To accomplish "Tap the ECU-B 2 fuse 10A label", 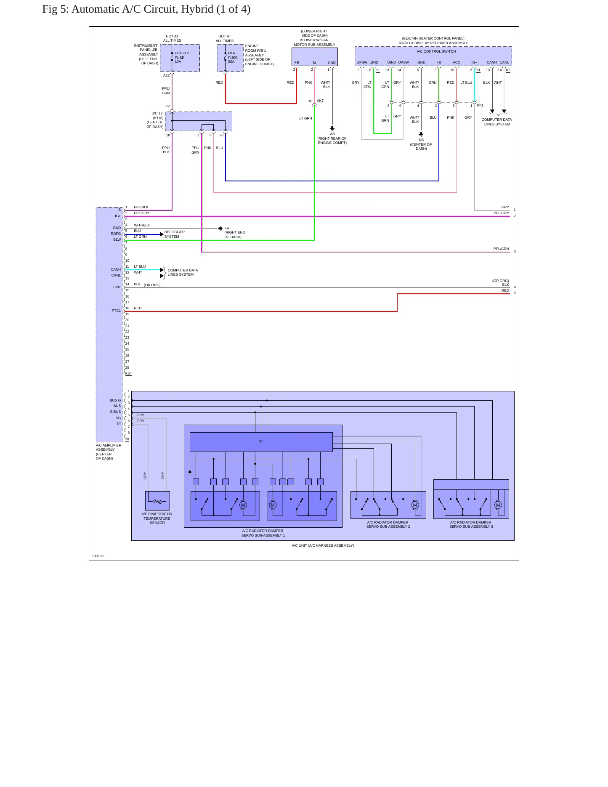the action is pyautogui.click(x=182, y=57).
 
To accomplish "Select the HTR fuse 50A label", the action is pyautogui.click(x=233, y=57).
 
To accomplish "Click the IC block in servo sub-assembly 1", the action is pyautogui.click(x=261, y=442).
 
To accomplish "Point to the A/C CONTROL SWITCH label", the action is pyautogui.click(x=436, y=51).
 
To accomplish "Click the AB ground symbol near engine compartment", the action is pyautogui.click(x=332, y=128).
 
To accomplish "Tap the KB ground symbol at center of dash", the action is pyautogui.click(x=421, y=134).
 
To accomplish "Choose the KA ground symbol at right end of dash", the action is pyautogui.click(x=220, y=229).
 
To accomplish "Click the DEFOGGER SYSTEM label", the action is pyautogui.click(x=175, y=234).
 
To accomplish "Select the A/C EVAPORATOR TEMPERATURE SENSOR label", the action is pyautogui.click(x=157, y=518).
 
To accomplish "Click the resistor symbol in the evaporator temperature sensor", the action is pyautogui.click(x=158, y=502).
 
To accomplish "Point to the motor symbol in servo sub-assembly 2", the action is pyautogui.click(x=415, y=505).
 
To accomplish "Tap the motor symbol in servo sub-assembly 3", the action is pyautogui.click(x=498, y=505).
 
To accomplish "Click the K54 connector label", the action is pyautogui.click(x=128, y=374).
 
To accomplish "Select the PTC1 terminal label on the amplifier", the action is pyautogui.click(x=116, y=311).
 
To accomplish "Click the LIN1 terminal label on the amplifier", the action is pyautogui.click(x=117, y=287).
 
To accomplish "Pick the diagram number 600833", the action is pyautogui.click(x=98, y=556).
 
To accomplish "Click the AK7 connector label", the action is pyautogui.click(x=320, y=101).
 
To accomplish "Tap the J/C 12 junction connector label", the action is pyautogui.click(x=157, y=113).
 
